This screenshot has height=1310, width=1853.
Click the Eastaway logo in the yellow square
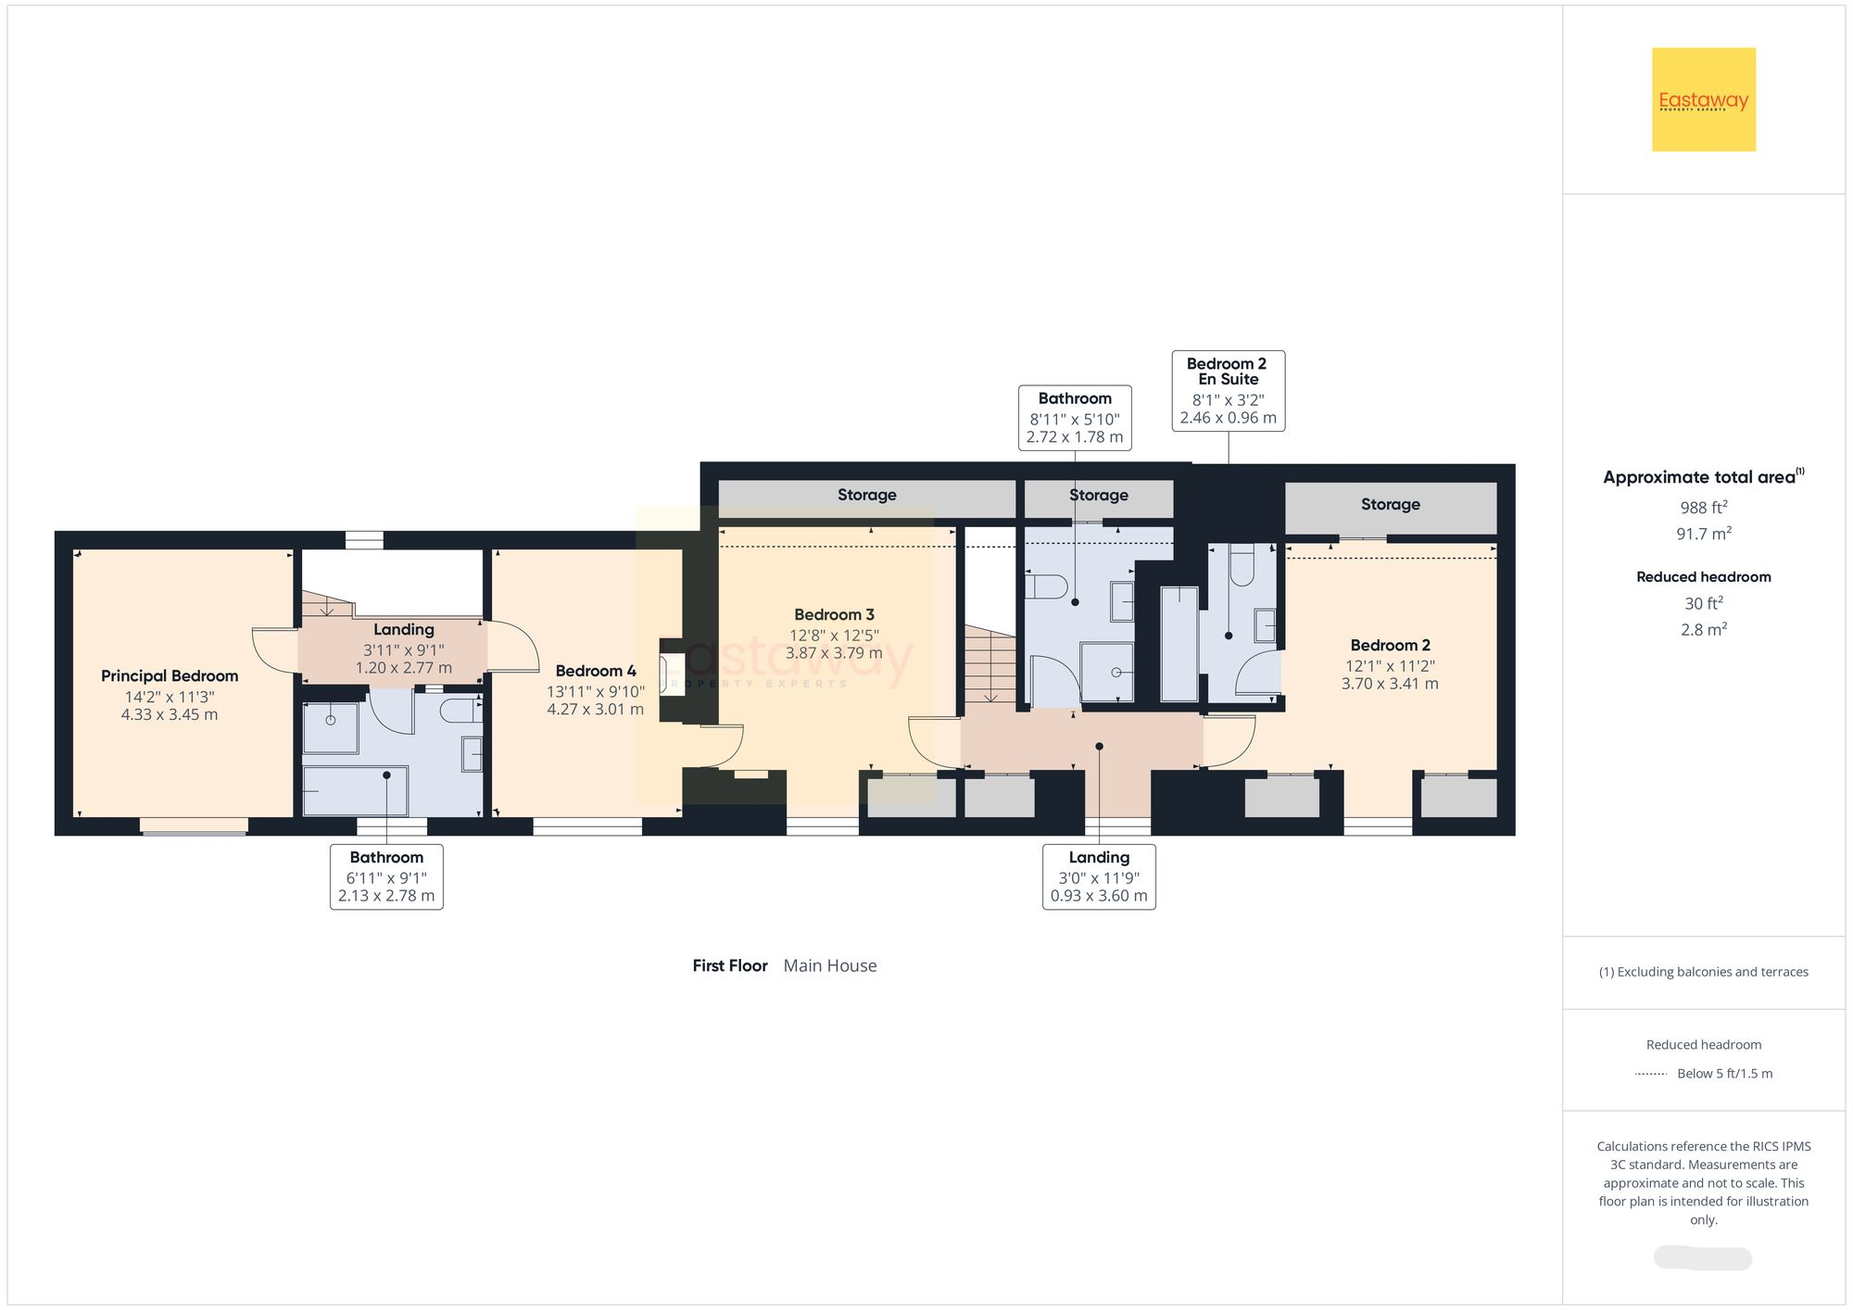[x=1703, y=100]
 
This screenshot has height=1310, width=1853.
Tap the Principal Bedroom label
[x=170, y=676]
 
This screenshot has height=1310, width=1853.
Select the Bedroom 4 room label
[x=595, y=671]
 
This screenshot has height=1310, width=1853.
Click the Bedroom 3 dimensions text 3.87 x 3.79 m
[x=834, y=653]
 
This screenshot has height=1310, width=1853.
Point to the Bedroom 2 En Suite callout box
[x=1228, y=390]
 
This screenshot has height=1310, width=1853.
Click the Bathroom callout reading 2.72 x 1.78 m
[x=1074, y=418]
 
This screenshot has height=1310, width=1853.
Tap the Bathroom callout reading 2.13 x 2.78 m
[x=386, y=876]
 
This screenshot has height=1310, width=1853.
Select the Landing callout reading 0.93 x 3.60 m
[x=1099, y=876]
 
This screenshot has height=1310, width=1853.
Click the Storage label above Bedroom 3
[x=866, y=495]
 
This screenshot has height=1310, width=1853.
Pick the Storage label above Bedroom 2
[x=1390, y=504]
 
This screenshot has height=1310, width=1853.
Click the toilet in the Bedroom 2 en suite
[x=1242, y=565]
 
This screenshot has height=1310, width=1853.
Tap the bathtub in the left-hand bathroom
[x=356, y=791]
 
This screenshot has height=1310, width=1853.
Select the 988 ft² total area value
[x=1703, y=508]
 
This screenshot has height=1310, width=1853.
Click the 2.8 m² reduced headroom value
[x=1703, y=630]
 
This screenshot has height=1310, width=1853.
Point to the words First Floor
[x=730, y=965]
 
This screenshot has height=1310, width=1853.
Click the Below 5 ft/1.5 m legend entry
[x=1723, y=1074]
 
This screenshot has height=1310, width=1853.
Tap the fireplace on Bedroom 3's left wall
[x=669, y=669]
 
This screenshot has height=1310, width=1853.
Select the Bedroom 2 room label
[x=1390, y=645]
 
